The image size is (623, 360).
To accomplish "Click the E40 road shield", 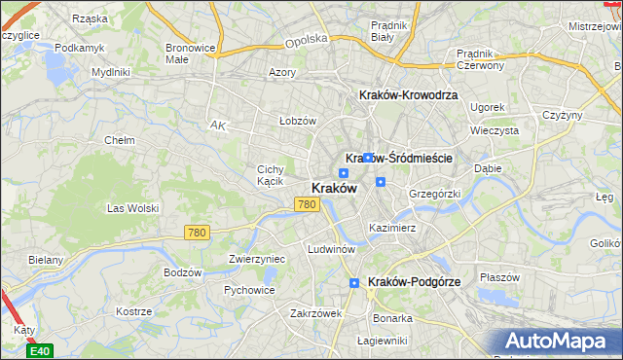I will click(40, 350).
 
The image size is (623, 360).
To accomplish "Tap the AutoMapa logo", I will click(564, 342).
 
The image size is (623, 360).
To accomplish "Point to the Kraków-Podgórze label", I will click(415, 281).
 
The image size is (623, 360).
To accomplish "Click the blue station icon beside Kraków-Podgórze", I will click(355, 282).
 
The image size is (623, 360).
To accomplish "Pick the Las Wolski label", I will click(132, 208).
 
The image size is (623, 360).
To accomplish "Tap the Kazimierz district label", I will click(392, 228).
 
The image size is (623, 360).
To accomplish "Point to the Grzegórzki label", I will click(434, 194).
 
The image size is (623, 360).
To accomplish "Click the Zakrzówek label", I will click(315, 313).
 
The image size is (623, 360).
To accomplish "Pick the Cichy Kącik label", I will click(270, 175).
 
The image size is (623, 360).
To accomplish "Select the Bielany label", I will click(46, 260).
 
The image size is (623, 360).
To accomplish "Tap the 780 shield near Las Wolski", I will click(197, 232).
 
